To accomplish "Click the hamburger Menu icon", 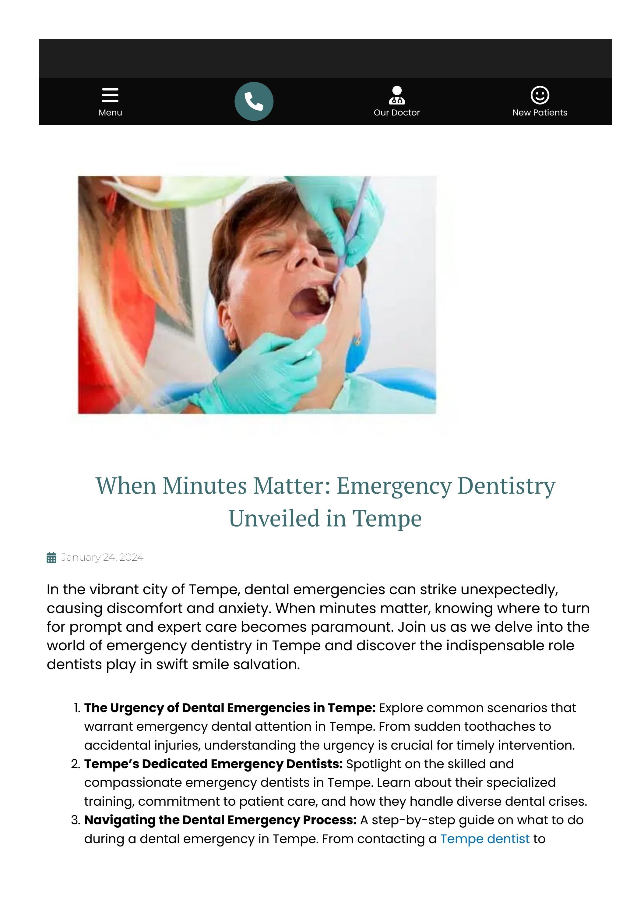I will [110, 95].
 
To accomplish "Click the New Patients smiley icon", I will [540, 95].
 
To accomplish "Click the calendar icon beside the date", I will [51, 558].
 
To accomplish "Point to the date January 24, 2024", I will [102, 557].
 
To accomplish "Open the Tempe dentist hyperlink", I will [484, 839].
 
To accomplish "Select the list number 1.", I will [77, 708].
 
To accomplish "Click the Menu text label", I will [110, 112].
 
